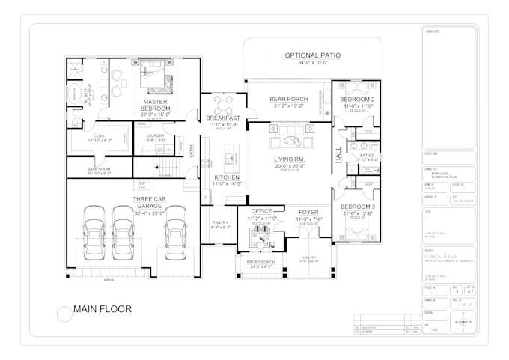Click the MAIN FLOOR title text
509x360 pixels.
tap(103, 308)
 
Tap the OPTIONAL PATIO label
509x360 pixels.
tap(312, 55)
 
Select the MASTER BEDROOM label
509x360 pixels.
tap(156, 105)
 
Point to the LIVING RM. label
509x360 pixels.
tap(288, 159)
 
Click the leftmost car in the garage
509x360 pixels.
tap(94, 231)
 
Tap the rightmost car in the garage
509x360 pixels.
tap(175, 231)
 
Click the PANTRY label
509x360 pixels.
tap(221, 222)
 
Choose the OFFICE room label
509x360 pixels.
tap(261, 211)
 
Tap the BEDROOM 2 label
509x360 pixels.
tap(358, 99)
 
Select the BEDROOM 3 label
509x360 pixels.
tap(358, 206)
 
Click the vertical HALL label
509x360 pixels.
tap(338, 155)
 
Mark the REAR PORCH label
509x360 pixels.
tap(288, 99)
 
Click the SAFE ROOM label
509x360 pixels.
tap(99, 169)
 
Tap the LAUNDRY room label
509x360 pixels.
tap(155, 135)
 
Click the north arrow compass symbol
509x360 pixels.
tap(464, 323)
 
